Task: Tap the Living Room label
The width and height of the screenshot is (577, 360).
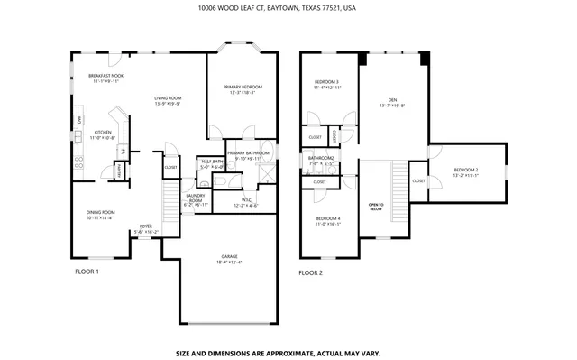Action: coord(168,97)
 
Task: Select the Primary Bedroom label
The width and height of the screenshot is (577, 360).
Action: coord(240,87)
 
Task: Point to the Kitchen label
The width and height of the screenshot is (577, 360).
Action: coord(103,132)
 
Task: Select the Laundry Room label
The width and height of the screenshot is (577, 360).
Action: coord(196,198)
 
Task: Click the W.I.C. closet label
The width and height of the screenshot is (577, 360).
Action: coord(246,199)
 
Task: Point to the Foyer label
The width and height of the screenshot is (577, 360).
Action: coord(145,226)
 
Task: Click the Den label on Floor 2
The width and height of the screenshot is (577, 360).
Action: coord(392,99)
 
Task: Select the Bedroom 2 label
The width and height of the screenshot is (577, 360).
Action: coord(465,170)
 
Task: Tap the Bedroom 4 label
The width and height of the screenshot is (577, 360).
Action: coord(328,218)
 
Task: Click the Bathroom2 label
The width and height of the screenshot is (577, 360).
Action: coord(321,158)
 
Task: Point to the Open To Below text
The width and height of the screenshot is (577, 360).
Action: coord(376,207)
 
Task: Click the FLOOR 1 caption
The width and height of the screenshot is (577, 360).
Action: coord(86,272)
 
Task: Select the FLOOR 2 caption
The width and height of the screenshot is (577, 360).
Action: coord(310,272)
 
